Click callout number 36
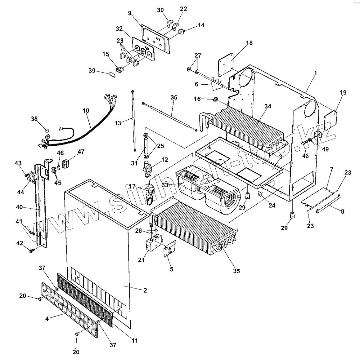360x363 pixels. (x=173, y=97)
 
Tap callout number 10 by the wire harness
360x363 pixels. (x=86, y=110)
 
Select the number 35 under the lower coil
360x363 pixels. (x=236, y=271)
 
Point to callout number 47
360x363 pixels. (x=81, y=152)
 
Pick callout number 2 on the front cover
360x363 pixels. (x=145, y=290)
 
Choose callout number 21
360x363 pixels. (x=142, y=260)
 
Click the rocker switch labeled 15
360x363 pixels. (x=119, y=70)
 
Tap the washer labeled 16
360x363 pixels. (x=214, y=100)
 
